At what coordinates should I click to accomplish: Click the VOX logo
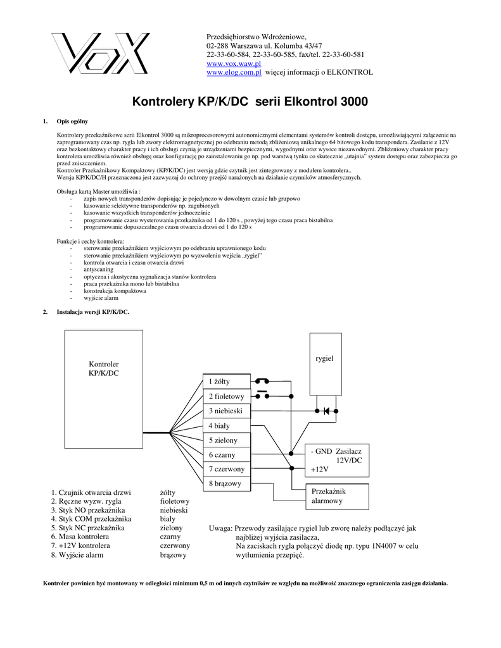(x=101, y=54)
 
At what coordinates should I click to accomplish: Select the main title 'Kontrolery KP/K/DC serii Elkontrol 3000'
(x=250, y=102)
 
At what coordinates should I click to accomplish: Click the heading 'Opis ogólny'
(x=72, y=121)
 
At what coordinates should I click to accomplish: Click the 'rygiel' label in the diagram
(x=324, y=359)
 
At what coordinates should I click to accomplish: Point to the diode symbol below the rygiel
(x=326, y=411)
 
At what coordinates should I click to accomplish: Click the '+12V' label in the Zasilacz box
(x=320, y=470)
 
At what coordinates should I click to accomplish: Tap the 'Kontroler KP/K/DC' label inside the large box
(x=104, y=369)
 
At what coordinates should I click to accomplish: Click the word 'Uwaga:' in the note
(x=220, y=528)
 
